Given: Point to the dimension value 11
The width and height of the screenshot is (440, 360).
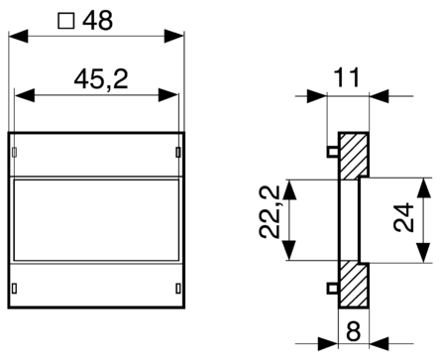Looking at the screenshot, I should tap(347, 75).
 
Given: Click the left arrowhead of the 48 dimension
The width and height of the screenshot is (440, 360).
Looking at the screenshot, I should tap(16, 39).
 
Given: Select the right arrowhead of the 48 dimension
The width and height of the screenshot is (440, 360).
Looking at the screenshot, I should tap(178, 39).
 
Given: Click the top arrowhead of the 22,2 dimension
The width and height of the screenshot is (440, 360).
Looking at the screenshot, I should tap(292, 187).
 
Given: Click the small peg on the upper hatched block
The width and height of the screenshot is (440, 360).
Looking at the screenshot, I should tap(331, 152).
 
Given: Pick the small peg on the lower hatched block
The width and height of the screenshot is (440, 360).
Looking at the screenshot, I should tap(331, 288).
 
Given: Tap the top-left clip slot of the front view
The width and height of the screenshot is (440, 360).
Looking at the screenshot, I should tap(16, 152).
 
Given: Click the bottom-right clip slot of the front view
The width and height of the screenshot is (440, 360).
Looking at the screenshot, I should tap(178, 288).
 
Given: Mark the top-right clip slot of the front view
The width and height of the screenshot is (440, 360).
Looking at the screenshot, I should tap(178, 152).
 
